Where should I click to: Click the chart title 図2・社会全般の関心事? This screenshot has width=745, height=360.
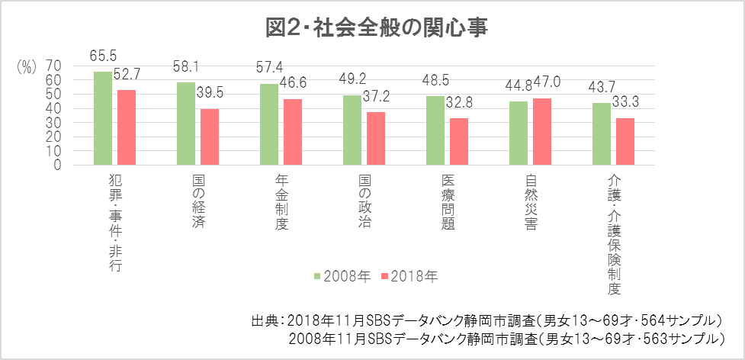tap(376, 27)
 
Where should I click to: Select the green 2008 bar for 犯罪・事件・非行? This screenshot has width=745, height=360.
tap(102, 117)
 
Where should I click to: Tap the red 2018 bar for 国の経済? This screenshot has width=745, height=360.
tap(210, 137)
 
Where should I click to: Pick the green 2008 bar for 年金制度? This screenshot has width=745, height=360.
tap(268, 124)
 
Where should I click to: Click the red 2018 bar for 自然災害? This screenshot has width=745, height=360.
tap(542, 131)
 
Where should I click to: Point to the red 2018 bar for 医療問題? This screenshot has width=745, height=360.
tap(459, 141)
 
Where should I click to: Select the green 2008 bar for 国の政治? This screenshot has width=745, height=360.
tap(352, 130)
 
